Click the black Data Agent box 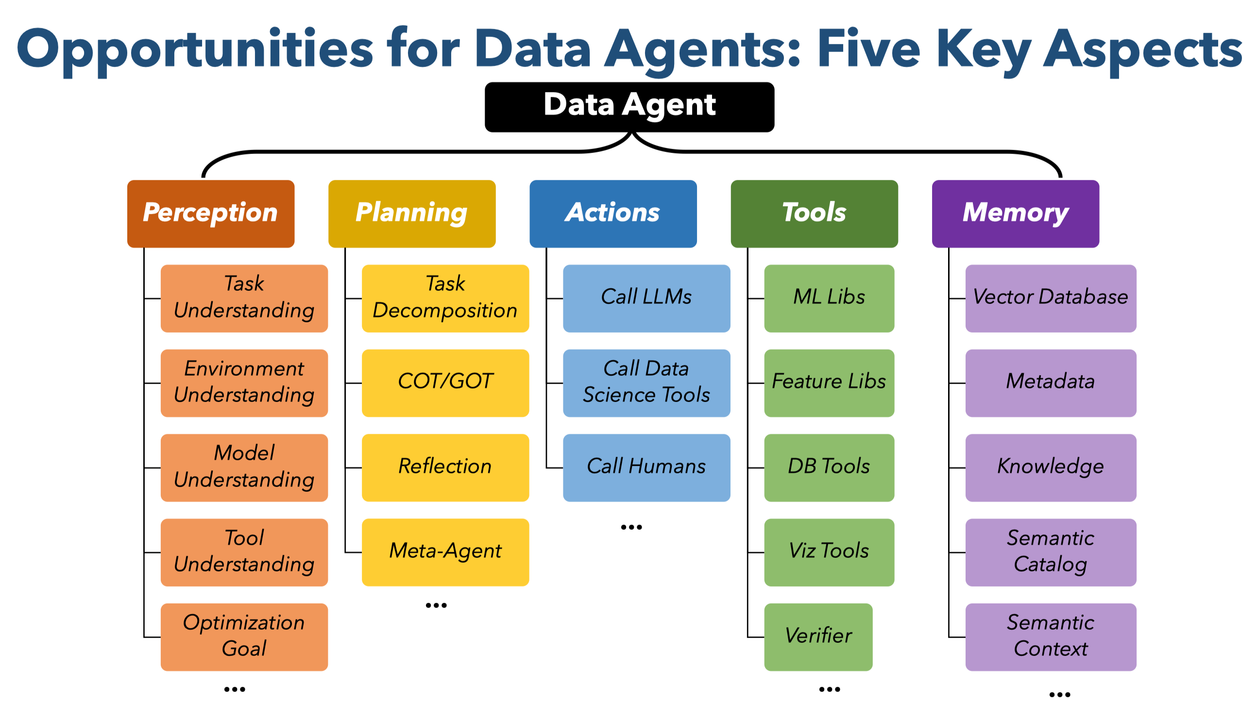(x=629, y=107)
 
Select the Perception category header (x=211, y=214)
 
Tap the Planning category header (x=412, y=214)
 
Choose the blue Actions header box (x=613, y=214)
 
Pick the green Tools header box (x=815, y=214)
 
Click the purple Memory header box (x=1016, y=214)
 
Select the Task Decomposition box (x=445, y=299)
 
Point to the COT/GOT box (x=445, y=383)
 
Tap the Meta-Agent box (x=445, y=552)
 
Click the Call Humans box (x=646, y=468)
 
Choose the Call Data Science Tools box (x=646, y=383)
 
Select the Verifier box (x=818, y=637)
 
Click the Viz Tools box (x=829, y=552)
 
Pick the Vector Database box (x=1051, y=299)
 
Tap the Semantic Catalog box (x=1051, y=552)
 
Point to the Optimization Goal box (x=244, y=637)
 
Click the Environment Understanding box (x=244, y=383)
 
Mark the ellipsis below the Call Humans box (x=631, y=527)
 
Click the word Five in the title (x=868, y=49)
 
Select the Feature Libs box (x=829, y=383)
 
